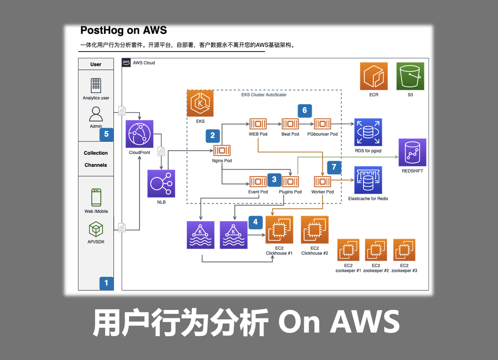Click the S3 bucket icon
click(410, 76)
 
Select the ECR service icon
click(374, 76)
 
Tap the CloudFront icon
click(139, 134)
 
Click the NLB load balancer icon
click(161, 184)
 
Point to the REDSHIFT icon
click(412, 152)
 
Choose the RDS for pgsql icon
click(368, 132)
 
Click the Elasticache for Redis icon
click(368, 180)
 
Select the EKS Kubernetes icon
click(200, 104)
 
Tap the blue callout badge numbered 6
click(305, 110)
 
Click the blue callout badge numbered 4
click(256, 222)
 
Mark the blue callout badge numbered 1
click(106, 283)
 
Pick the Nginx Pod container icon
click(222, 150)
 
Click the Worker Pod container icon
click(322, 181)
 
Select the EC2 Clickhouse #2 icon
click(314, 229)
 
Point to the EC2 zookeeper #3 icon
click(404, 250)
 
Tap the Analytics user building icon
click(96, 86)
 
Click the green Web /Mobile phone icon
click(96, 198)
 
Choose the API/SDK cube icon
click(96, 229)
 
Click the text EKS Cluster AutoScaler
click(264, 95)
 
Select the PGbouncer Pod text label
click(322, 134)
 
